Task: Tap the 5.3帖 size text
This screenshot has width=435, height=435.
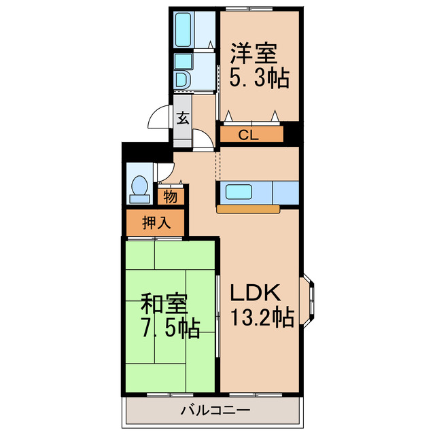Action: (258, 77)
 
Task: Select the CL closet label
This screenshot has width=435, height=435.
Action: (249, 135)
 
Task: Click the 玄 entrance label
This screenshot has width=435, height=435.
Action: (183, 118)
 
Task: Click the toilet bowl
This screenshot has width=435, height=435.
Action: (139, 186)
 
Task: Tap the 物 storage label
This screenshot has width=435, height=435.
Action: (170, 197)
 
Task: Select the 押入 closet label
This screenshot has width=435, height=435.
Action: (155, 222)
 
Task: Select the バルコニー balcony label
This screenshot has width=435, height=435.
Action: (215, 410)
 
